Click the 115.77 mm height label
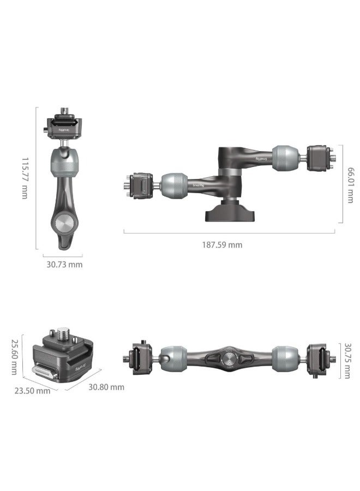25,178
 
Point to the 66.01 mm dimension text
351,184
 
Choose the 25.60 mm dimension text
15,357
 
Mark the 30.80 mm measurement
106,387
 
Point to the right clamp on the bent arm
317,158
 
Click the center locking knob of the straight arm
229,359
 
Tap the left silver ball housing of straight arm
174,359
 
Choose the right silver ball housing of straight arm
285,359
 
